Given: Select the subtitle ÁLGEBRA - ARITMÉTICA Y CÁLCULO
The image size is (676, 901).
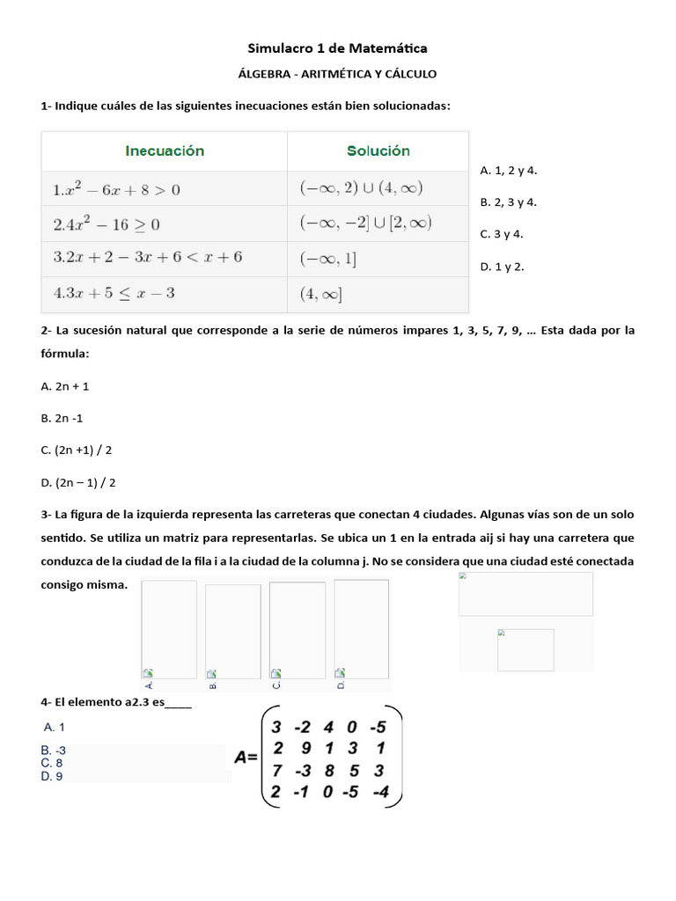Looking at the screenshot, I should [338, 75].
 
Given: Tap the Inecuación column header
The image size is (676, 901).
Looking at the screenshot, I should [165, 150].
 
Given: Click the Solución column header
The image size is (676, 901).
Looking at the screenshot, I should [378, 150].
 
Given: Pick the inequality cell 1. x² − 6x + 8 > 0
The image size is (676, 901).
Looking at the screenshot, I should [117, 189].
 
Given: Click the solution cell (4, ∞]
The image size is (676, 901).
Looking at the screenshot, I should [321, 294].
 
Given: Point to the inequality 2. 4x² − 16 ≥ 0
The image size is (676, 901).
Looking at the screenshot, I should [107, 224].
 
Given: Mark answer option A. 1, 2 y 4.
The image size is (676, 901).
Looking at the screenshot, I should [508, 171].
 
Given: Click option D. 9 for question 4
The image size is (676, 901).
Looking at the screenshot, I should [52, 776].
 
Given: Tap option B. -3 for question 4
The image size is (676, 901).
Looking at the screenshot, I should [54, 751].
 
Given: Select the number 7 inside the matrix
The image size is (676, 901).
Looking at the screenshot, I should [276, 771].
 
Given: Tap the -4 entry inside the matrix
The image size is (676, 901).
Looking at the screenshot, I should [379, 792].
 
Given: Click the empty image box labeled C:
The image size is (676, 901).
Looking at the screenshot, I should [297, 630].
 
